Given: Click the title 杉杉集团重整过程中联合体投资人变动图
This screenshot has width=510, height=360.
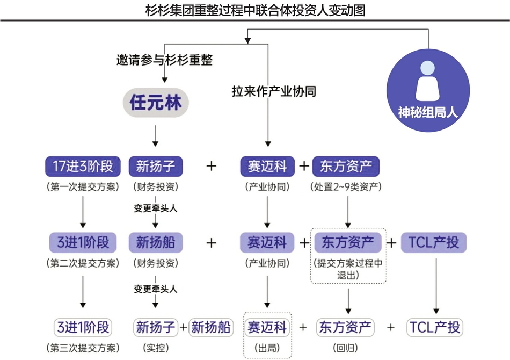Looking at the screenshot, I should coord(255,10).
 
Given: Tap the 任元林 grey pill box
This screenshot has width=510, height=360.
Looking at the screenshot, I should coord(156,103).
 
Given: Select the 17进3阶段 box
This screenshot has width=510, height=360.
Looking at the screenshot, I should coord(83,167).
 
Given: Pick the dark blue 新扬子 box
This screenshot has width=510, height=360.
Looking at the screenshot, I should coord(156,167).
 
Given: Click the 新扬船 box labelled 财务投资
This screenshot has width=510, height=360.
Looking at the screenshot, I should coord(156,243).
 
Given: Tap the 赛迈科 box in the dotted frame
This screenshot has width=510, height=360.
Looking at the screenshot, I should coord(267,327).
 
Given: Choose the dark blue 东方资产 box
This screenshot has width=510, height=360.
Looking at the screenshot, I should coord(346,167).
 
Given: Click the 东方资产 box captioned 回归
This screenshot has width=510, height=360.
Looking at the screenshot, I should coord(346,327).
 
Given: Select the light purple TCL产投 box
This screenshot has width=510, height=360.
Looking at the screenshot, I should coord(434,243).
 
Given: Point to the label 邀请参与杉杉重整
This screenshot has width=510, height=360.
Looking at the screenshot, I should coord(164,60).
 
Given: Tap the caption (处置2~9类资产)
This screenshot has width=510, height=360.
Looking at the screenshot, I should coord(346,188).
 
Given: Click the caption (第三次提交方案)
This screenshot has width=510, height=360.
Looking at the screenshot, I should coord(83,348).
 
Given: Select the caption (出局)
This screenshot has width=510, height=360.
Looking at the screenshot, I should coord(267,348).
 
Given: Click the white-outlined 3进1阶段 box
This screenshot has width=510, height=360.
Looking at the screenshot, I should coord(83,327).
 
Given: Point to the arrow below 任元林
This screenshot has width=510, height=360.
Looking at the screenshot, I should coord(155,135).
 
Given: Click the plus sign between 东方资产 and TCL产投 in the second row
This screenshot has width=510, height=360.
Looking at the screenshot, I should coord(391,243).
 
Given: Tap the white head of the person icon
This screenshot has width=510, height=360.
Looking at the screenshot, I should coord(428,68).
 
